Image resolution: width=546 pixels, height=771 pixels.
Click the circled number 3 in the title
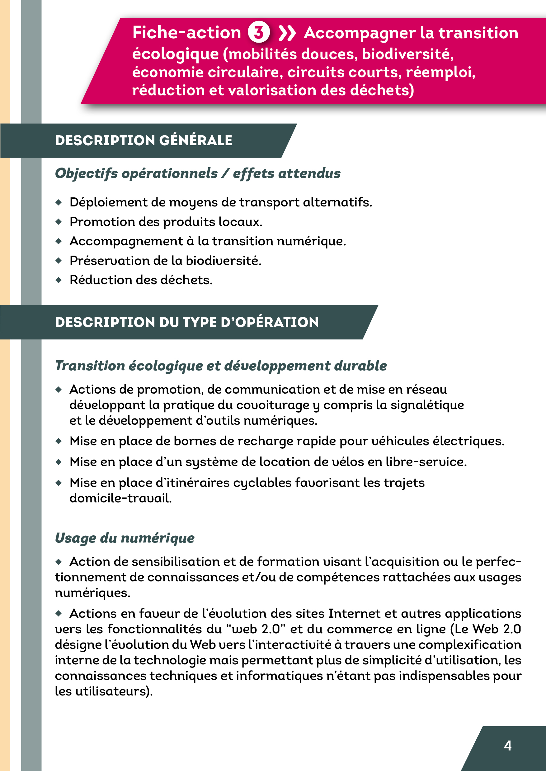point(259,32)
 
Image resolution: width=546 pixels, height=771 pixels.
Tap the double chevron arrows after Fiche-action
point(287,33)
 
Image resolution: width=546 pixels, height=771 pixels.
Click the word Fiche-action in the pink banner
point(186,33)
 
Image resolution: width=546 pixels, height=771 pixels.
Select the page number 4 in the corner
point(507,745)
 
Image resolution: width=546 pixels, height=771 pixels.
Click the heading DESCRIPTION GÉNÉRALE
point(144,140)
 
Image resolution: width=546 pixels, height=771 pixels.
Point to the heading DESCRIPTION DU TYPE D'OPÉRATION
point(187,322)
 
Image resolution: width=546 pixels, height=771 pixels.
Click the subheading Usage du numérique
point(125,538)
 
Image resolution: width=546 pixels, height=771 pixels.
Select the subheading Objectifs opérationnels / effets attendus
point(198,173)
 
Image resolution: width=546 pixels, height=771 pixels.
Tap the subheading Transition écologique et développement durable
point(221,366)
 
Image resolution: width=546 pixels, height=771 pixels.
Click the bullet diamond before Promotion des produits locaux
point(59,222)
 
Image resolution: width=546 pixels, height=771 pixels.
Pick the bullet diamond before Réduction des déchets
point(59,280)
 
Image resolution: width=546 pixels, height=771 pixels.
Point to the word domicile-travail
point(120,498)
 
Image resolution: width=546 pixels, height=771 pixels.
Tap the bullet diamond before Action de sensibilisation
point(59,561)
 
